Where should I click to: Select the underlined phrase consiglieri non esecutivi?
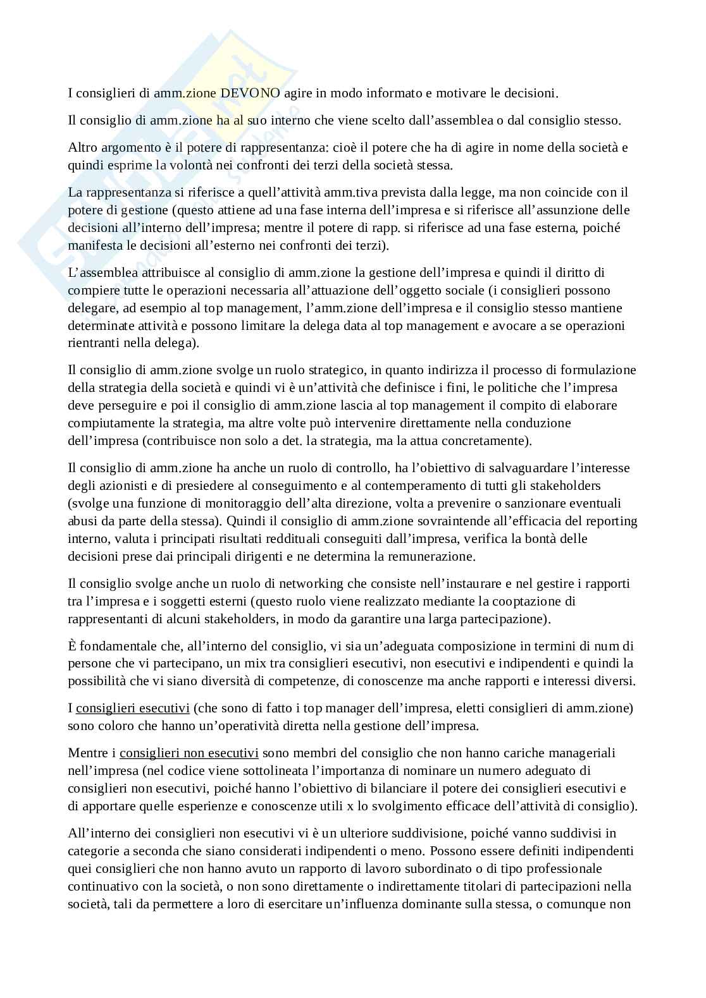[x=189, y=753]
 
